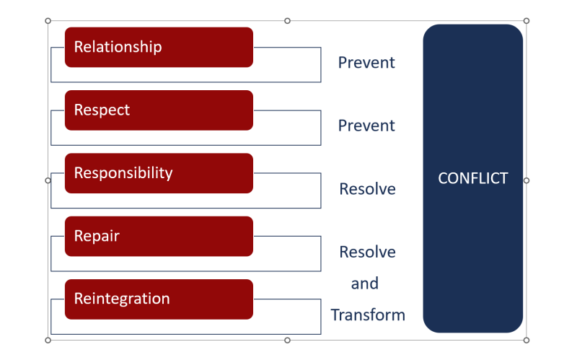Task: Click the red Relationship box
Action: pos(159,47)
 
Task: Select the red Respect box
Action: pos(159,110)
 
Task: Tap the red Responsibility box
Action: pos(159,173)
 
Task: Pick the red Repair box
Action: pos(159,236)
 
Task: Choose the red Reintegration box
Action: pos(159,299)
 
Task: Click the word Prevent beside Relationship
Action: pos(366,63)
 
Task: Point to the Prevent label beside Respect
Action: pos(366,126)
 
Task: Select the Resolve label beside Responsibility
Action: pos(367,189)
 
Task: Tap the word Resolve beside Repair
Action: pos(367,252)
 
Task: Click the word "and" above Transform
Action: pos(364,284)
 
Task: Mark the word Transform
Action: pos(368,315)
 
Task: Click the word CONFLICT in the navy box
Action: pos(472,178)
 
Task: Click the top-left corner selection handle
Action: pos(48,21)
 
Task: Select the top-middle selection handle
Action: pos(287,21)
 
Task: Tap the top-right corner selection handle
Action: pos(526,21)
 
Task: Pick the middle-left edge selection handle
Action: pos(48,180)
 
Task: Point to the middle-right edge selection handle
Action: pos(526,180)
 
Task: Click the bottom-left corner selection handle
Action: pos(48,340)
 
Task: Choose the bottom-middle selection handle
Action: pos(287,340)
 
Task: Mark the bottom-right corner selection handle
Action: pos(526,340)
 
